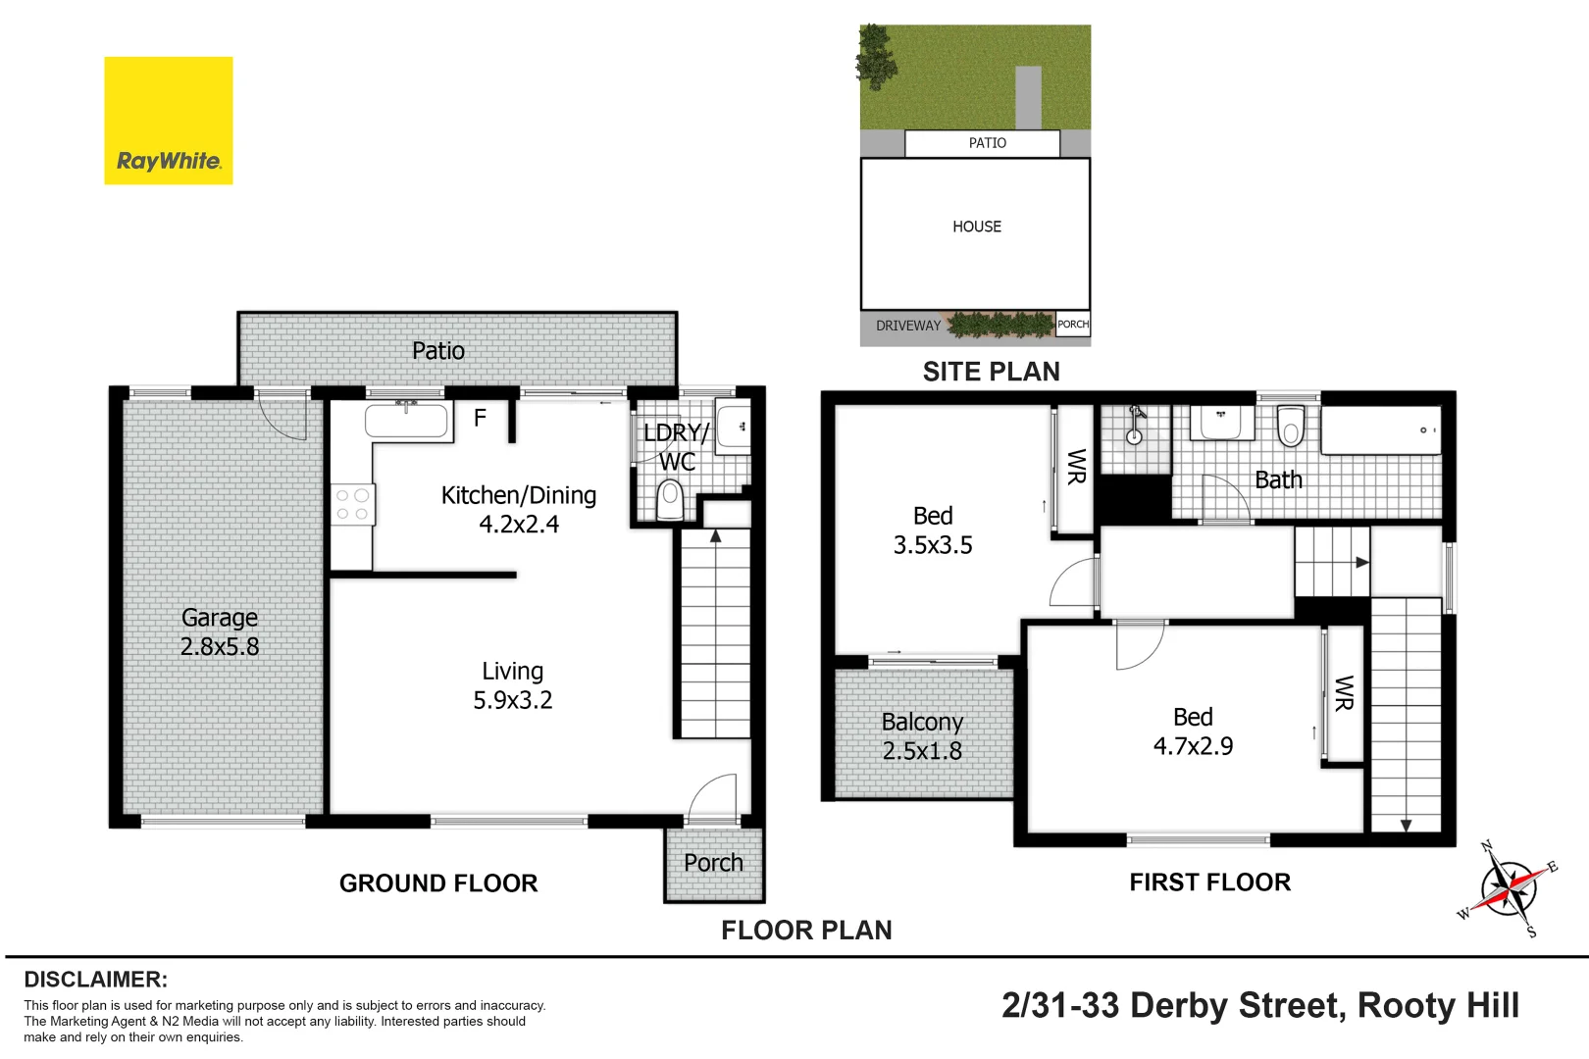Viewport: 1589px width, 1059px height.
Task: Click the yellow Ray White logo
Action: click(x=169, y=121)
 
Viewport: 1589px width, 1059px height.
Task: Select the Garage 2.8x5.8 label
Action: click(x=220, y=631)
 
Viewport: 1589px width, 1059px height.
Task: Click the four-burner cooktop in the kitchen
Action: click(x=352, y=504)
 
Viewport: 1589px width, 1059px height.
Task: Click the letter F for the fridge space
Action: click(x=480, y=418)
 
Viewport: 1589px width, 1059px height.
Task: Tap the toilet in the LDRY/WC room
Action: click(x=670, y=497)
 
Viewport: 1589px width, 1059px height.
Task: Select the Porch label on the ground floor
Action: click(x=713, y=863)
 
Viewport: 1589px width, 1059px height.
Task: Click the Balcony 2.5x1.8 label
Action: click(x=922, y=735)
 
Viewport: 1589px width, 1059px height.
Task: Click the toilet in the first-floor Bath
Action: click(x=1291, y=426)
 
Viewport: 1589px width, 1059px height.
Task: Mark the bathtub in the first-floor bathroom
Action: click(x=1380, y=430)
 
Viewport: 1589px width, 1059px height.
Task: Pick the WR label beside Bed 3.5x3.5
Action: click(x=1076, y=467)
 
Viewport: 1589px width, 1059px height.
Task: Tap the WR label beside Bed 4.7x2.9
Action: click(x=1344, y=692)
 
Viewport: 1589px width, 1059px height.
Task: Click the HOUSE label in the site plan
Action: click(x=976, y=227)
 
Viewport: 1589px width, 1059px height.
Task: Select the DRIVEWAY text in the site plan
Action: click(x=907, y=326)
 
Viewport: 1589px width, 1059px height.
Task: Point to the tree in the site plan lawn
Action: click(x=875, y=54)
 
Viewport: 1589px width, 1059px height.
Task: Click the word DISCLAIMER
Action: click(x=95, y=979)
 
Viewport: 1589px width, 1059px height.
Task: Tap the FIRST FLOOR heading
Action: click(x=1209, y=882)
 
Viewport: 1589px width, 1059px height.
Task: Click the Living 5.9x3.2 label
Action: click(x=512, y=685)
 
